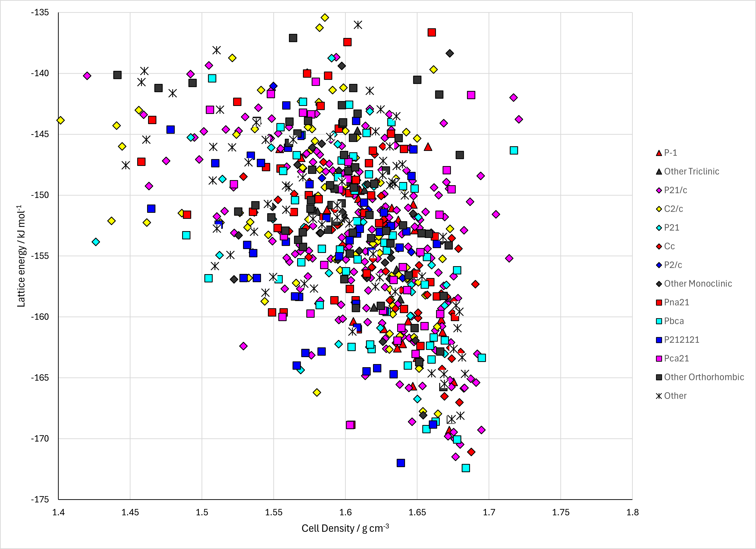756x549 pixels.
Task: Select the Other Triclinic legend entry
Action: click(x=687, y=171)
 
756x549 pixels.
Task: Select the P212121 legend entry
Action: click(x=676, y=340)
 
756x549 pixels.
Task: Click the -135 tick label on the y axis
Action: click(x=40, y=13)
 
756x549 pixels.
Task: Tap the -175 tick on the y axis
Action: click(x=40, y=499)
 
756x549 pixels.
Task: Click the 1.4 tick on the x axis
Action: click(x=58, y=512)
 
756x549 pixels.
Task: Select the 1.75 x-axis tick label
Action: click(x=561, y=512)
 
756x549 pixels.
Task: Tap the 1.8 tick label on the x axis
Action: click(x=632, y=512)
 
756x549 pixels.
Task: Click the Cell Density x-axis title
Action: click(x=345, y=528)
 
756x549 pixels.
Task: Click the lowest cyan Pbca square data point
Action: click(x=466, y=468)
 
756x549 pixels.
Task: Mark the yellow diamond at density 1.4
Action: click(x=60, y=120)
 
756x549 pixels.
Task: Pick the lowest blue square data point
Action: click(x=401, y=463)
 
